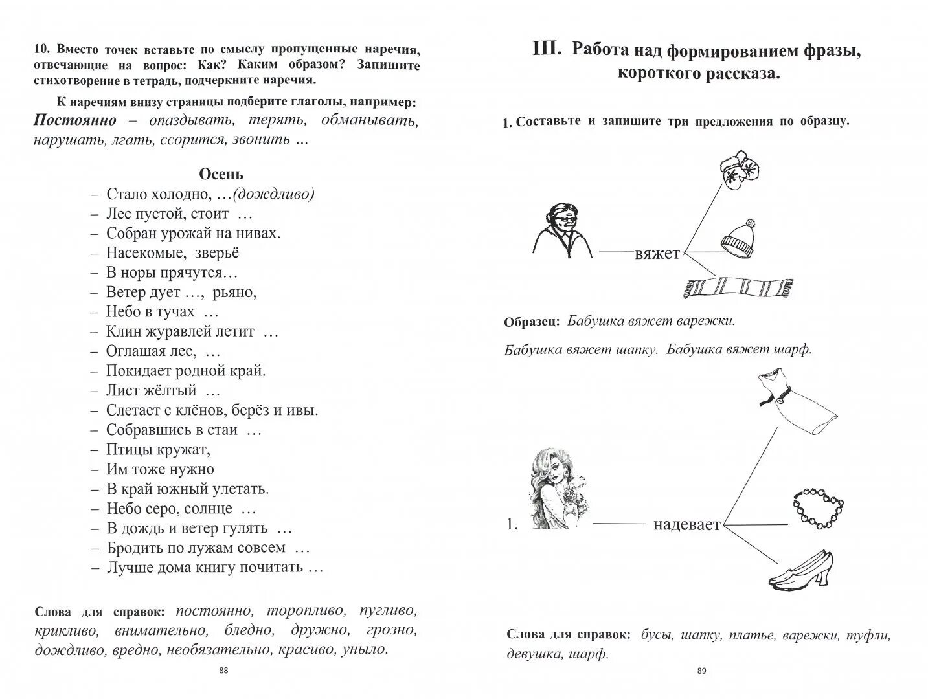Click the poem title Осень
[221, 173]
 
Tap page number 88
[223, 671]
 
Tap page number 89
[701, 671]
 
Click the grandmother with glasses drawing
[561, 230]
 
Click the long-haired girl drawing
[555, 490]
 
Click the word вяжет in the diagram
[657, 254]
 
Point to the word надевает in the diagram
[686, 524]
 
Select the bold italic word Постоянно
[75, 120]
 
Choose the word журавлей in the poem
[182, 331]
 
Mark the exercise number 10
[41, 49]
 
